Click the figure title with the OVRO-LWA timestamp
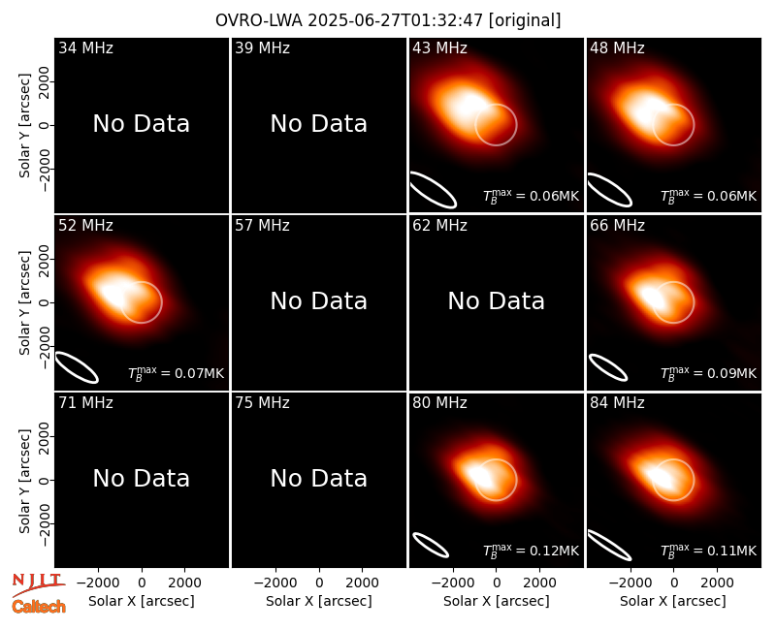tap(388, 20)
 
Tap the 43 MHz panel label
tap(439, 47)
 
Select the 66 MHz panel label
tap(617, 226)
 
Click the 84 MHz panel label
tap(617, 403)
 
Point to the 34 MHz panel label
tap(85, 47)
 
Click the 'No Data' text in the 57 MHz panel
tap(319, 300)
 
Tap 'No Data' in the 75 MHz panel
tap(319, 478)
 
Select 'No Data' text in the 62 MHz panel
tap(497, 300)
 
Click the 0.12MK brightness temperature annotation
tap(531, 550)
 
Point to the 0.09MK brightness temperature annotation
tap(709, 373)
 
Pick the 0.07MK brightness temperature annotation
tap(177, 373)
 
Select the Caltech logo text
tap(39, 607)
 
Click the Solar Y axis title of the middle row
tap(24, 302)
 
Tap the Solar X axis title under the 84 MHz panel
tap(673, 601)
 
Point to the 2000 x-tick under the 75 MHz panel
tap(362, 583)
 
